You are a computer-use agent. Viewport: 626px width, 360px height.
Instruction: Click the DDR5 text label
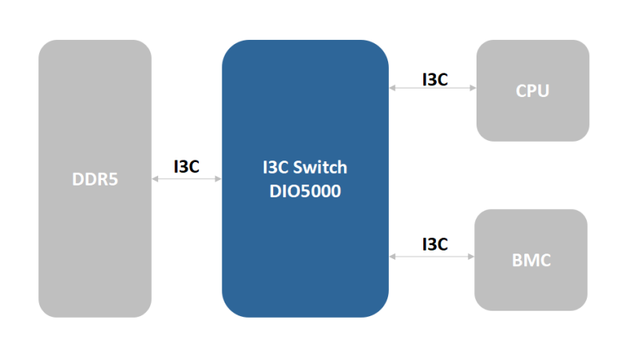coord(95,179)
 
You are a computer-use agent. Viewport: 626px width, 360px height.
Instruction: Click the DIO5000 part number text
coord(305,190)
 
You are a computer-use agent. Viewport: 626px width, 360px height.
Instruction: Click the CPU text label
coord(532,91)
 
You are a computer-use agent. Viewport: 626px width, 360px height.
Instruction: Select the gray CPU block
coord(532,117)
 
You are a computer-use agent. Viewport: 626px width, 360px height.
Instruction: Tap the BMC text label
coord(531,261)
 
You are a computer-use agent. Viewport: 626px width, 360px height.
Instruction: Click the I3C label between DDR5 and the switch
coord(186,166)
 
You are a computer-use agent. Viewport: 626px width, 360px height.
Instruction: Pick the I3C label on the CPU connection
coord(434,79)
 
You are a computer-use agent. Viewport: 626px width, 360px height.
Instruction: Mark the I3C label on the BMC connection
coord(434,243)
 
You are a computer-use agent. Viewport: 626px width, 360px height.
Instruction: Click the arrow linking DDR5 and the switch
coord(186,179)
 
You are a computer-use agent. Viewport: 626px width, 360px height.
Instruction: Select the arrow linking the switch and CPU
coord(433,88)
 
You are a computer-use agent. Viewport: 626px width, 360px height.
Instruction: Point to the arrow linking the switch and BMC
coord(432,255)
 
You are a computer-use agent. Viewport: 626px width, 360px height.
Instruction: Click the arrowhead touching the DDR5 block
coord(155,179)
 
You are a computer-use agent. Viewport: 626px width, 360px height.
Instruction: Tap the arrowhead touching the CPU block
coord(473,88)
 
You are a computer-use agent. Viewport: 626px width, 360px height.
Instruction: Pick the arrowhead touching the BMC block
coord(471,255)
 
